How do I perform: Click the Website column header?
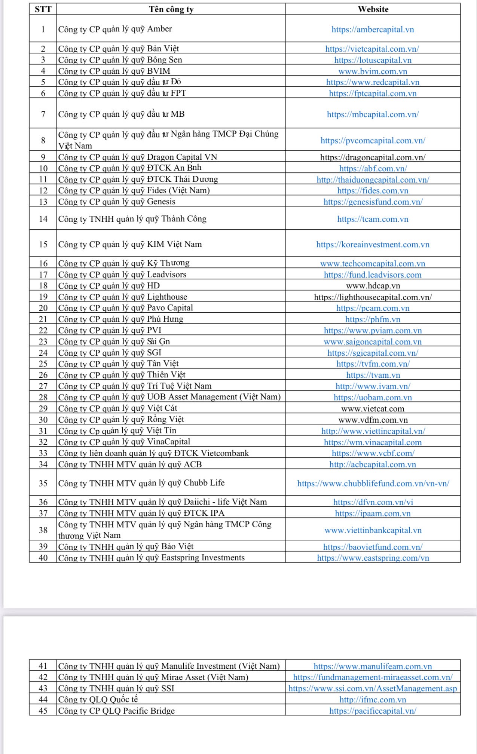click(373, 9)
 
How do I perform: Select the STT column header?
click(43, 9)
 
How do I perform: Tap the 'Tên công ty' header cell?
click(171, 9)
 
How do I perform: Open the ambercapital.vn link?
click(373, 30)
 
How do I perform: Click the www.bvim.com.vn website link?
click(373, 71)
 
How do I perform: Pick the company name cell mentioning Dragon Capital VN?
click(138, 157)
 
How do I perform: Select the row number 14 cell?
click(43, 219)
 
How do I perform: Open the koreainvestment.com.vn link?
click(373, 245)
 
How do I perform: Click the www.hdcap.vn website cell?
click(373, 286)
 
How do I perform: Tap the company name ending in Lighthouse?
click(123, 297)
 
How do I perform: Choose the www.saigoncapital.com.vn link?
click(373, 342)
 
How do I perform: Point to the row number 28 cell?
click(43, 397)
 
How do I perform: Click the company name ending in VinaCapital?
click(124, 442)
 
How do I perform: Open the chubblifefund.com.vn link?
click(373, 484)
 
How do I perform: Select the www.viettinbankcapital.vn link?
click(373, 530)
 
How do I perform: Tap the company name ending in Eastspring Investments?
click(151, 558)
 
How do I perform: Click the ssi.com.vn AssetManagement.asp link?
click(373, 689)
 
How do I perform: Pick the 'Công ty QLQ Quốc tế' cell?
click(98, 699)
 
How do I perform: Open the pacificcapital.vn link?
click(373, 711)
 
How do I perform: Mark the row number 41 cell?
click(43, 666)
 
